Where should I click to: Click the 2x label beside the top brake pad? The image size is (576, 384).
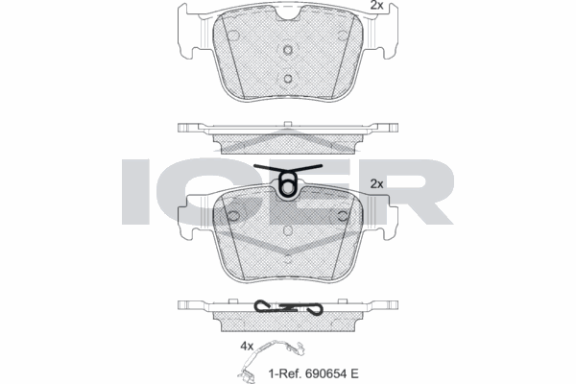click(377, 6)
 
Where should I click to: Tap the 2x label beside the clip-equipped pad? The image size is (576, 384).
click(377, 182)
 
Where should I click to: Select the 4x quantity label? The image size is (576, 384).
click(247, 345)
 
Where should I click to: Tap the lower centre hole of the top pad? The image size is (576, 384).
click(287, 79)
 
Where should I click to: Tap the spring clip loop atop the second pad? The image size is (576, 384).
click(287, 186)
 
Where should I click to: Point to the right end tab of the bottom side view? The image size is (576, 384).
click(389, 305)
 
